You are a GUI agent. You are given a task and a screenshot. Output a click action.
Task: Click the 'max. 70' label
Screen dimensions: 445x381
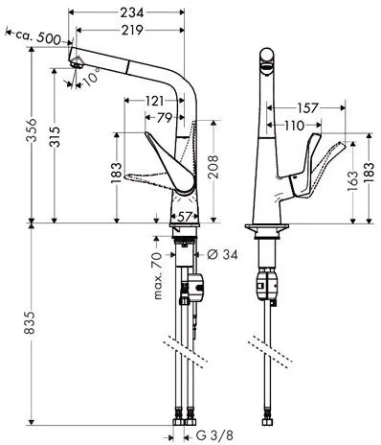point(155,275)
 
